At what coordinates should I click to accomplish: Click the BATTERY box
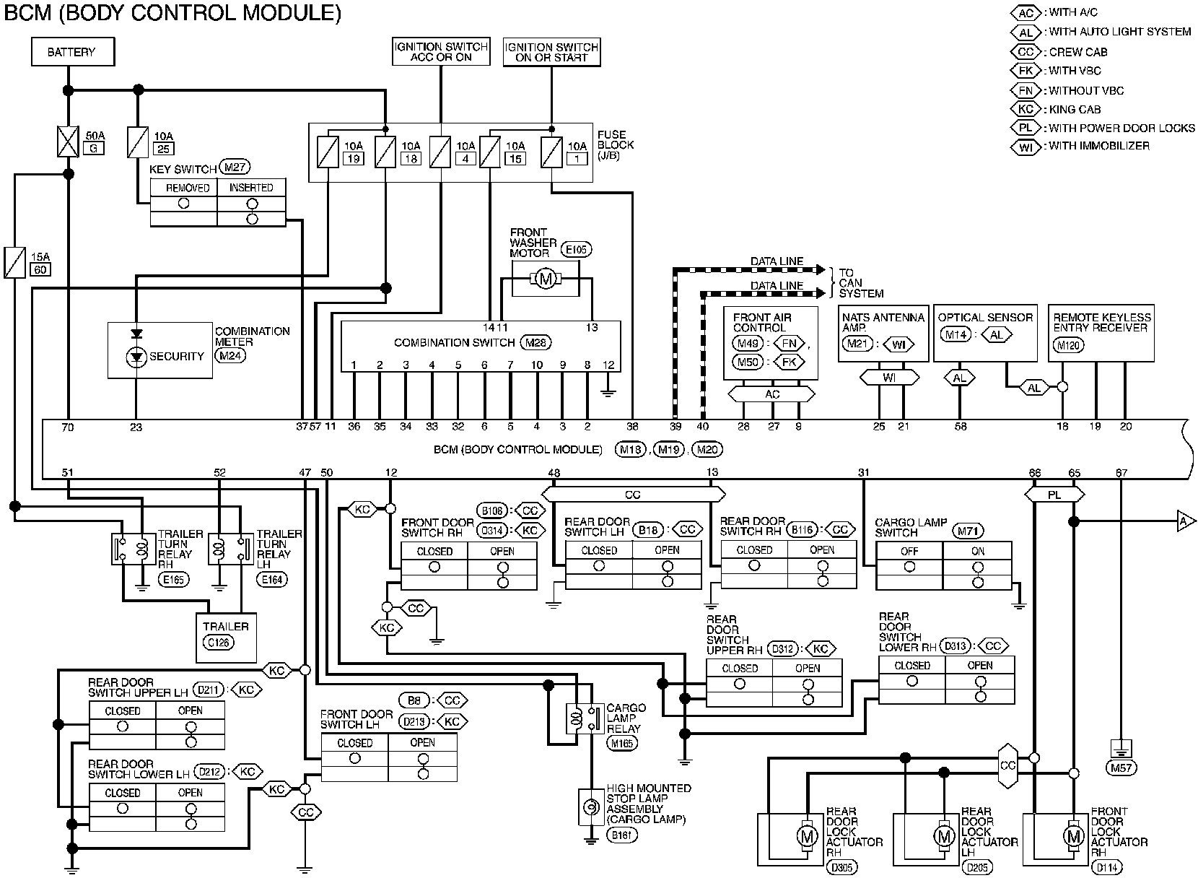coord(73,52)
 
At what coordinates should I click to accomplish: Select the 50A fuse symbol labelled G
coord(68,142)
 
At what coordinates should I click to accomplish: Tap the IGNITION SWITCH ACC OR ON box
coord(441,51)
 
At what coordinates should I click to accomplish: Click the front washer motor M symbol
coord(546,278)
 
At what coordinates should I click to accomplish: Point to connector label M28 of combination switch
coord(536,342)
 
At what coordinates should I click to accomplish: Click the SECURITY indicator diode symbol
coord(136,357)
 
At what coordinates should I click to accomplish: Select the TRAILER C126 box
coord(226,638)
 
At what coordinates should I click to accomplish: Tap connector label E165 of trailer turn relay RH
coord(174,580)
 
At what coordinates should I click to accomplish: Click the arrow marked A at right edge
coord(1186,521)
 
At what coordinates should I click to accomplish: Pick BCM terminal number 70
coord(68,427)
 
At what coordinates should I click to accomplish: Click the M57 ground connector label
coord(1121,768)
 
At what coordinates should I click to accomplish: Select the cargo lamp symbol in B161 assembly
coord(591,807)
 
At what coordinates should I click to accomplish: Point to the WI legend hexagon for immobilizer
coord(1026,147)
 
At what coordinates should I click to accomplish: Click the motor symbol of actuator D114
coord(1074,835)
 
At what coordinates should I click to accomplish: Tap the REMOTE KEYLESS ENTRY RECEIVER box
coord(1101,332)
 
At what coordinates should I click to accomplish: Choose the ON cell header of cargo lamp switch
coord(978,551)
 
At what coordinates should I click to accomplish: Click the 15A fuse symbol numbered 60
coord(14,262)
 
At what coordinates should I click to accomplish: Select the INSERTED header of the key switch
coord(251,188)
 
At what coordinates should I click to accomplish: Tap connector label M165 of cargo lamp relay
coord(623,743)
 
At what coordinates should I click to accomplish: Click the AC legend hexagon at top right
coord(1026,13)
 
